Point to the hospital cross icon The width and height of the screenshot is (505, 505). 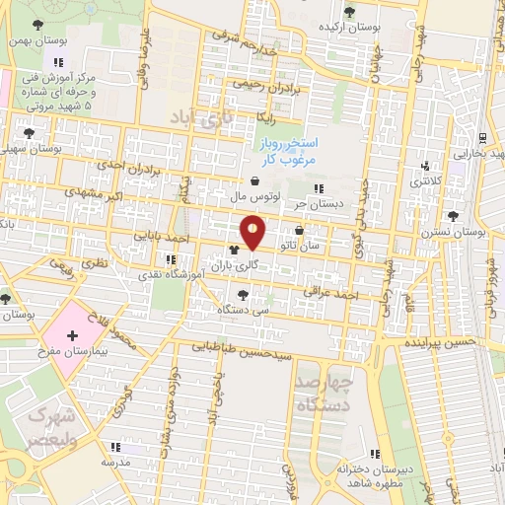(x=71, y=335)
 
